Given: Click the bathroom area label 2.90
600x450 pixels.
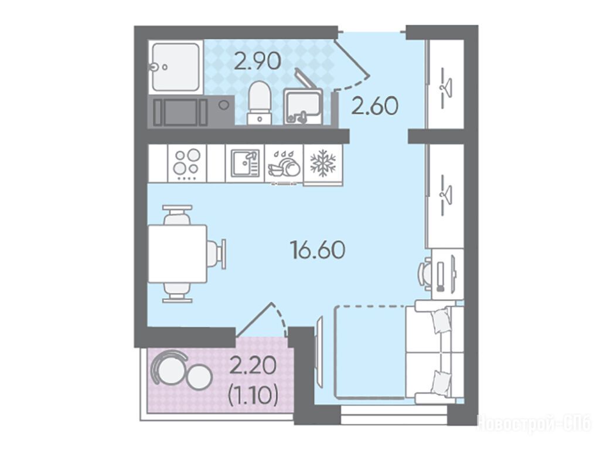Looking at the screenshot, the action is coord(258,61).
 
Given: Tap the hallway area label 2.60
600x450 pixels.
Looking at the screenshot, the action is coord(375,106).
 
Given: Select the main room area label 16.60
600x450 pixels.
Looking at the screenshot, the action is coord(318,249).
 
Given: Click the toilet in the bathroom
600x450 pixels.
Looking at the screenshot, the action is coord(260,102).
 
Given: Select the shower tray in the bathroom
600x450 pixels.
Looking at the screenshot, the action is coord(176,67).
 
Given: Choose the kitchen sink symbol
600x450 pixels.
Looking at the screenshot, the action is coord(245,163).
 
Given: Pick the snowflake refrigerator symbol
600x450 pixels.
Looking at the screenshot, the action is coord(323,163).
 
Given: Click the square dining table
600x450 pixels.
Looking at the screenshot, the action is coord(178,253).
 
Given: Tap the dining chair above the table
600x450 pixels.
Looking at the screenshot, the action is coord(177,215).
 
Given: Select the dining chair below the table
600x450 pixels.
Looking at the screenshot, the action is coord(177,293).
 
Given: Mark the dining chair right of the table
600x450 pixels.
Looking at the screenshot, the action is coord(217,253).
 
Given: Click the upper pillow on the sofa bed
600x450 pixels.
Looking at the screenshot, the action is coord(441,320).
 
